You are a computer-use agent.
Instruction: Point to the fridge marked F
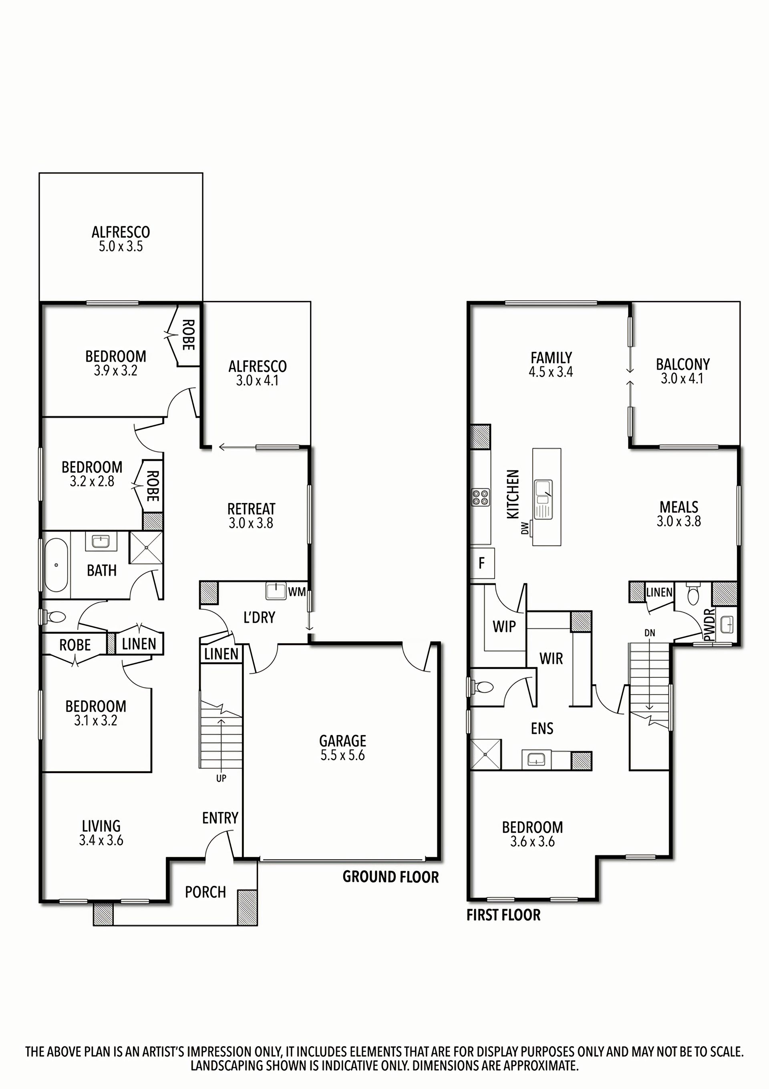click(482, 563)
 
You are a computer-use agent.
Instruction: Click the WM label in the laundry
click(297, 592)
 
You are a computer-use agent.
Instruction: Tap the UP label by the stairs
click(221, 778)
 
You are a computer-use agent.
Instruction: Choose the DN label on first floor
click(650, 633)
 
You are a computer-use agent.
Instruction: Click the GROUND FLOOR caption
click(391, 877)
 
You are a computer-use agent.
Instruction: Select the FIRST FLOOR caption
click(503, 915)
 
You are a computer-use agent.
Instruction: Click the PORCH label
click(205, 892)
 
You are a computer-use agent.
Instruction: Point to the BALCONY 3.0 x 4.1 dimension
click(682, 378)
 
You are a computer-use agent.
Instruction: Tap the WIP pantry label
click(504, 626)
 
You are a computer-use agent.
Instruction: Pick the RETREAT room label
click(251, 509)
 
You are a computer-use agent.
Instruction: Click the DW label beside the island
click(524, 528)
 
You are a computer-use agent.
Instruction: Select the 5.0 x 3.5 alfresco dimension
click(121, 246)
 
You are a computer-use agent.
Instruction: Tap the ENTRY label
click(220, 818)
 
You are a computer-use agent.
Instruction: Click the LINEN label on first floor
click(659, 592)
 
